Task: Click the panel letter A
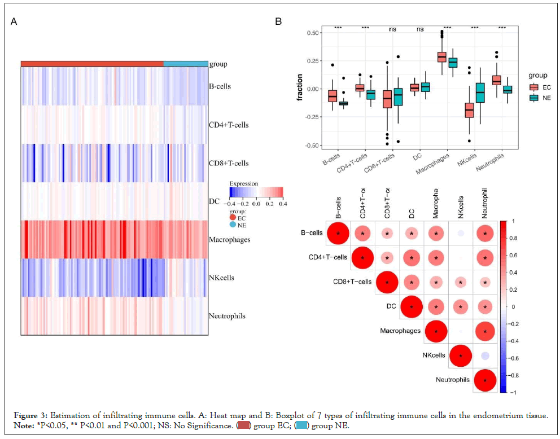(14, 21)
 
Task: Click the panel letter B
(278, 21)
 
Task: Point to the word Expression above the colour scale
(244, 184)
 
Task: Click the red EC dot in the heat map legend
(233, 217)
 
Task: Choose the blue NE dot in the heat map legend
(233, 225)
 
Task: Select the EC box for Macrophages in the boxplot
(441, 56)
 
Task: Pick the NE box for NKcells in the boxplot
(480, 93)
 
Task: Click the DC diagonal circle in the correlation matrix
(412, 307)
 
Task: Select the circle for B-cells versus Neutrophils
(485, 233)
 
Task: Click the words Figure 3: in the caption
(28, 415)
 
